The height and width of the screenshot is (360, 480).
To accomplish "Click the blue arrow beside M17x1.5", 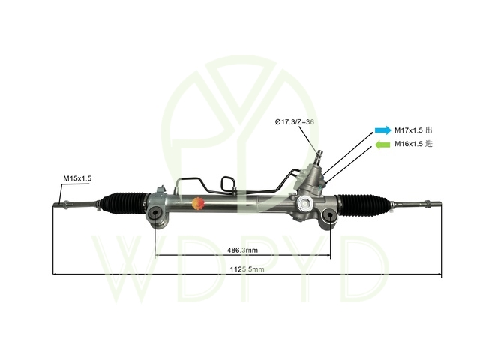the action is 383,130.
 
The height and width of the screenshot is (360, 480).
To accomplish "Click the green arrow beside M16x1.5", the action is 382,145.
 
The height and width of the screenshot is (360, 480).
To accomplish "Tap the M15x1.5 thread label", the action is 77,178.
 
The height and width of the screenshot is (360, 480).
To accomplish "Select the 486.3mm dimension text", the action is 242,250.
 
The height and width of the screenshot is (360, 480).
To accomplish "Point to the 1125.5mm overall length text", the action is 247,269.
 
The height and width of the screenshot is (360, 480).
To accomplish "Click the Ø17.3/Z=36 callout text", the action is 295,121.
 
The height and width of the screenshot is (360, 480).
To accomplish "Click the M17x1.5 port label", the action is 409,130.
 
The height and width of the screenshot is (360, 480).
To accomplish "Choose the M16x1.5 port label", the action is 409,144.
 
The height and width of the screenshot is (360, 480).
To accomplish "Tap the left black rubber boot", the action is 124,203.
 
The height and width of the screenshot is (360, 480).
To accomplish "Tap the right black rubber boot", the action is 363,205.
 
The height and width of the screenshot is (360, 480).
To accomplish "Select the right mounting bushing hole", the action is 330,215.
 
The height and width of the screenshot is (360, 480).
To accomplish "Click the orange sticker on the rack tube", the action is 198,203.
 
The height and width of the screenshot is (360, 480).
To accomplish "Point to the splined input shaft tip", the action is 320,154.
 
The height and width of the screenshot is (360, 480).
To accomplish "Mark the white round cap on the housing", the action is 305,202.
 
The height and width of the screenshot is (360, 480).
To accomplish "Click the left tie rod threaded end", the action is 58,203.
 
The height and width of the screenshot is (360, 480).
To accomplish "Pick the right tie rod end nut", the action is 427,203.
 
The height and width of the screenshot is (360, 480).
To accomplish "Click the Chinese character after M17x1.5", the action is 429,130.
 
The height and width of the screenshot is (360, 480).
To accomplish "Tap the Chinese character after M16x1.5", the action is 429,144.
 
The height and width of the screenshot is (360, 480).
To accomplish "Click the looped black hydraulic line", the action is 228,184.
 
